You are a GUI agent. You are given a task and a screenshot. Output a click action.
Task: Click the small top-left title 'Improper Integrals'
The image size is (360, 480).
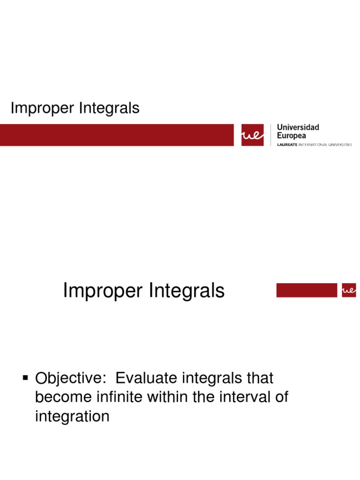[x=75, y=108]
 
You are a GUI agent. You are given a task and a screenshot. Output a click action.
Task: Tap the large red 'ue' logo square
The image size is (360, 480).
[x=253, y=135]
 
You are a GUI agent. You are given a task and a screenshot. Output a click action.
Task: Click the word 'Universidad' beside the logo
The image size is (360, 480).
[x=298, y=127]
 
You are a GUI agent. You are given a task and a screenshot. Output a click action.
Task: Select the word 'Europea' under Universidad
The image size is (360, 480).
[x=292, y=135]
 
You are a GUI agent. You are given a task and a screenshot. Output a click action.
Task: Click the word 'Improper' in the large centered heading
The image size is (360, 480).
[x=103, y=291]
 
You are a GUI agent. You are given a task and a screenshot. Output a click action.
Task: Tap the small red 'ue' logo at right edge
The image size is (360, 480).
[x=349, y=290]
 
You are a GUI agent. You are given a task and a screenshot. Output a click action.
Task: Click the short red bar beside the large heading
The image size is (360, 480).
[x=307, y=290]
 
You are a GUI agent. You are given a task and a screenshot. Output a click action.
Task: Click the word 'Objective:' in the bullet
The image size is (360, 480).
[x=71, y=378]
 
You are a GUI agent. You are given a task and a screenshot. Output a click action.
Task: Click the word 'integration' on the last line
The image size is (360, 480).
[x=72, y=417]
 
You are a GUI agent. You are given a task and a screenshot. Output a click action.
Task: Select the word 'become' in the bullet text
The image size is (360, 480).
[x=61, y=397]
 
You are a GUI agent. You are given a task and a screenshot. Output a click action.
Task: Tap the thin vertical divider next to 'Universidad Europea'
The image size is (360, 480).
[x=270, y=135]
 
